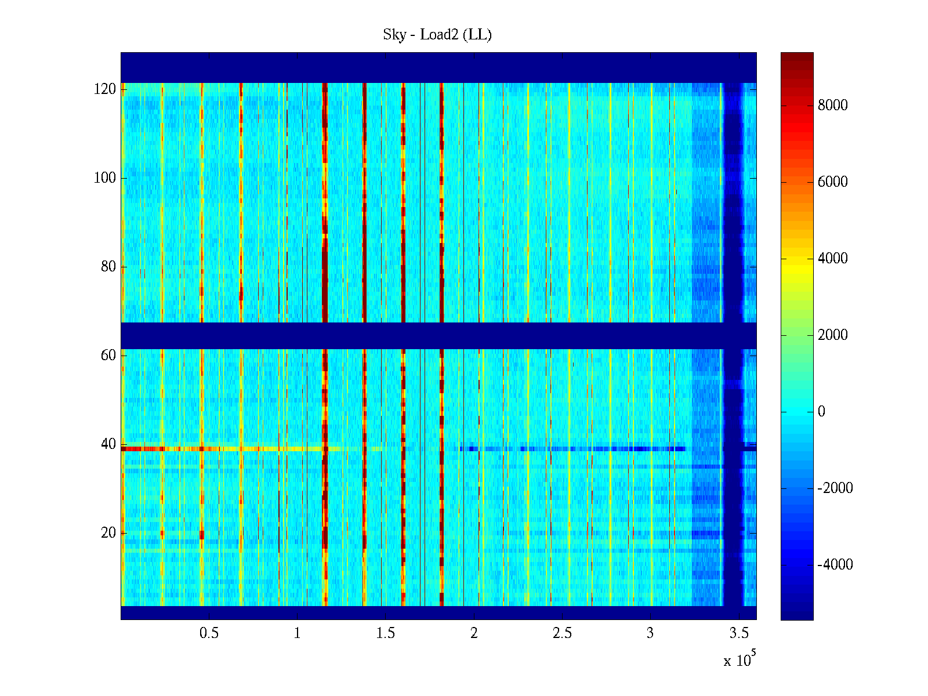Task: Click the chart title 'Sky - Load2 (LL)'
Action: coord(437,35)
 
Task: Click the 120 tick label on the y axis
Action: coord(105,89)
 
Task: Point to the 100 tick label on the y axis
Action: coord(105,178)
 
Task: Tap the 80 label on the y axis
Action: coord(108,267)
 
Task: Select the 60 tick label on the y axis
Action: coord(108,356)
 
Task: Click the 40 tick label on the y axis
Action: coord(108,444)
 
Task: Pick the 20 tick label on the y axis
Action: coord(108,533)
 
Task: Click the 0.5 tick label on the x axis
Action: coord(209,633)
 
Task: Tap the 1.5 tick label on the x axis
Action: coord(386,633)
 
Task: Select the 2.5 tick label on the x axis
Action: coord(562,633)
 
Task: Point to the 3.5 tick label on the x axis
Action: coord(739,633)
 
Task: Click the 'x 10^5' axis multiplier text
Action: coord(739,659)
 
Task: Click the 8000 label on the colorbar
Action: coord(833,106)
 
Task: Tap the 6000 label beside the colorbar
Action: coord(833,182)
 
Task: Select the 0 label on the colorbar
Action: coord(821,412)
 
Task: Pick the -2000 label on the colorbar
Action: coord(835,488)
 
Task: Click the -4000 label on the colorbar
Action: coord(835,565)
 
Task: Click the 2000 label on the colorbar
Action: coord(833,335)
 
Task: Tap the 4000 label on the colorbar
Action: coord(833,259)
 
